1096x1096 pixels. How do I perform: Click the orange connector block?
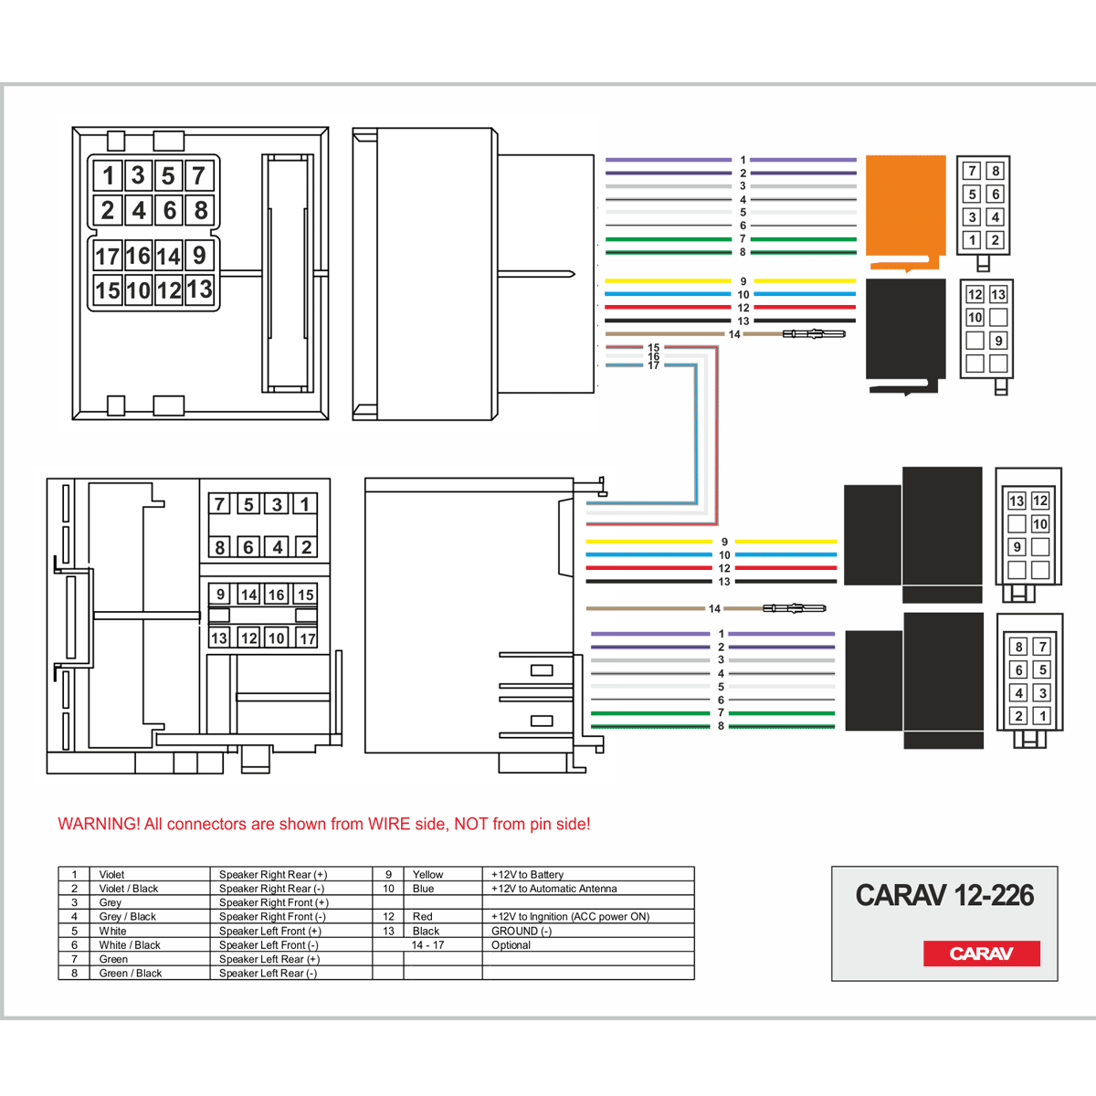[x=904, y=206]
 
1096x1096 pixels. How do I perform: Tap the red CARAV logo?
[x=981, y=954]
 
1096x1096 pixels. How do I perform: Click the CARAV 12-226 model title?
[x=944, y=895]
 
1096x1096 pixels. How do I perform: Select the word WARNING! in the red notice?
[x=99, y=824]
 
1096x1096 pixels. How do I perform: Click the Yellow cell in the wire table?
[x=427, y=874]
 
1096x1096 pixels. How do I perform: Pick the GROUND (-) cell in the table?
[x=522, y=931]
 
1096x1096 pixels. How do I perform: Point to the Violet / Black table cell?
[x=129, y=889]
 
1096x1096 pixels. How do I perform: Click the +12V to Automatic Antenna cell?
[x=554, y=889]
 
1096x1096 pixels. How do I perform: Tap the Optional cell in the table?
[x=511, y=945]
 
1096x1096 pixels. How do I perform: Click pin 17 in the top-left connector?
[x=108, y=257]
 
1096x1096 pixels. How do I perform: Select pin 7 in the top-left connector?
[x=198, y=174]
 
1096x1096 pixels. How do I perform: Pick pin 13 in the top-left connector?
[x=199, y=290]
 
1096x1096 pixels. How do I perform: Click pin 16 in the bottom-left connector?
[x=277, y=595]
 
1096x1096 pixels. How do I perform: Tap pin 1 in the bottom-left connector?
[x=305, y=504]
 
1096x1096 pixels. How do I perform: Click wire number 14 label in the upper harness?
[x=734, y=334]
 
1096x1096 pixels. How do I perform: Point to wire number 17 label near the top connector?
[x=654, y=365]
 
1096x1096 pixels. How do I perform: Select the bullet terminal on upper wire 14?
[x=814, y=334]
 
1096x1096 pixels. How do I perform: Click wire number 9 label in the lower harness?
[x=724, y=542]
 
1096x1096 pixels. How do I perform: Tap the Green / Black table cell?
[x=131, y=974]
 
